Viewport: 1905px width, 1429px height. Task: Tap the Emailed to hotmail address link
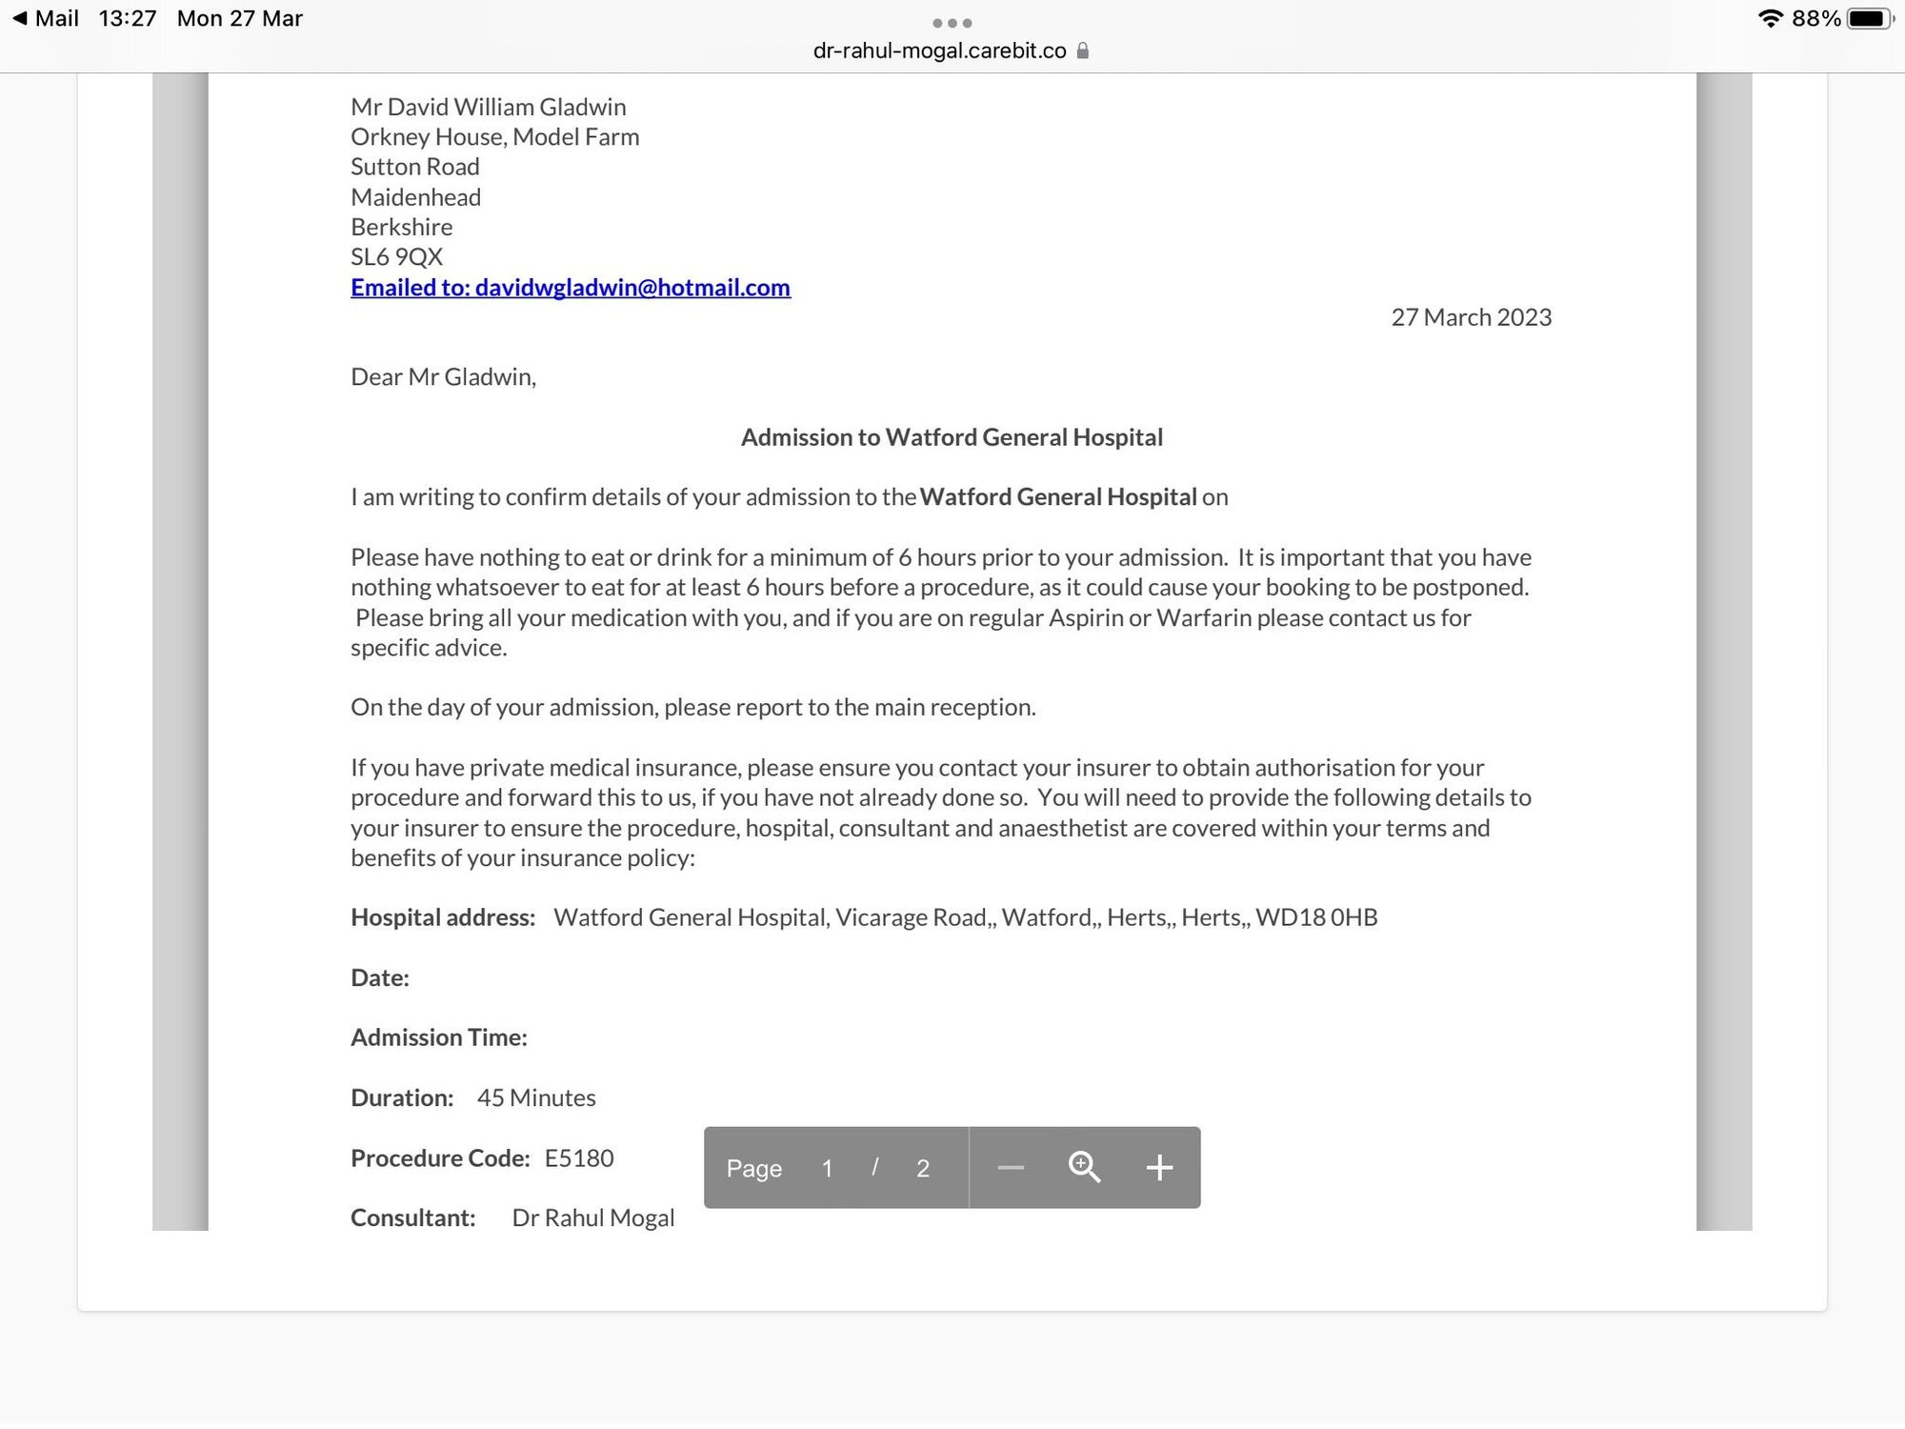(570, 288)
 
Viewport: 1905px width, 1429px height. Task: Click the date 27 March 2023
(1471, 317)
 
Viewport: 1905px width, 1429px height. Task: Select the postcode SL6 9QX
(396, 257)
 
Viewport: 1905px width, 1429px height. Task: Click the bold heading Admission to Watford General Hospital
(952, 437)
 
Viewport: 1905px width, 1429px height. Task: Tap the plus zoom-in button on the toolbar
(1158, 1168)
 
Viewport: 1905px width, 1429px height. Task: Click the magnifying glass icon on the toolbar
(1084, 1168)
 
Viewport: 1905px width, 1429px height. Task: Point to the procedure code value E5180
(579, 1158)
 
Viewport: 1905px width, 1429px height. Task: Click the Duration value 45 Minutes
(536, 1098)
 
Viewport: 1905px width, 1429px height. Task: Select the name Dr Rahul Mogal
(593, 1218)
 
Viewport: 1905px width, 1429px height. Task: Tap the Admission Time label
(439, 1037)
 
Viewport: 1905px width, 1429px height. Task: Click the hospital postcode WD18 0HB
(1316, 917)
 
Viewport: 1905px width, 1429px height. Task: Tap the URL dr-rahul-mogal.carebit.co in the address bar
(939, 51)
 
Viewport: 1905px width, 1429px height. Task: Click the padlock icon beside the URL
(1082, 51)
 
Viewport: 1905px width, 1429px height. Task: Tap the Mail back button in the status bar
(46, 19)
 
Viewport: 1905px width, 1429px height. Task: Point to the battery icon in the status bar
(1868, 19)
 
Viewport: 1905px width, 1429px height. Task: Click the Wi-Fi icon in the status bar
(1771, 19)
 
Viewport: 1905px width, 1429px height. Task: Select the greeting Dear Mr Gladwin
(443, 377)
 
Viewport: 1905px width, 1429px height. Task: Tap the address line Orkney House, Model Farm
(494, 137)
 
